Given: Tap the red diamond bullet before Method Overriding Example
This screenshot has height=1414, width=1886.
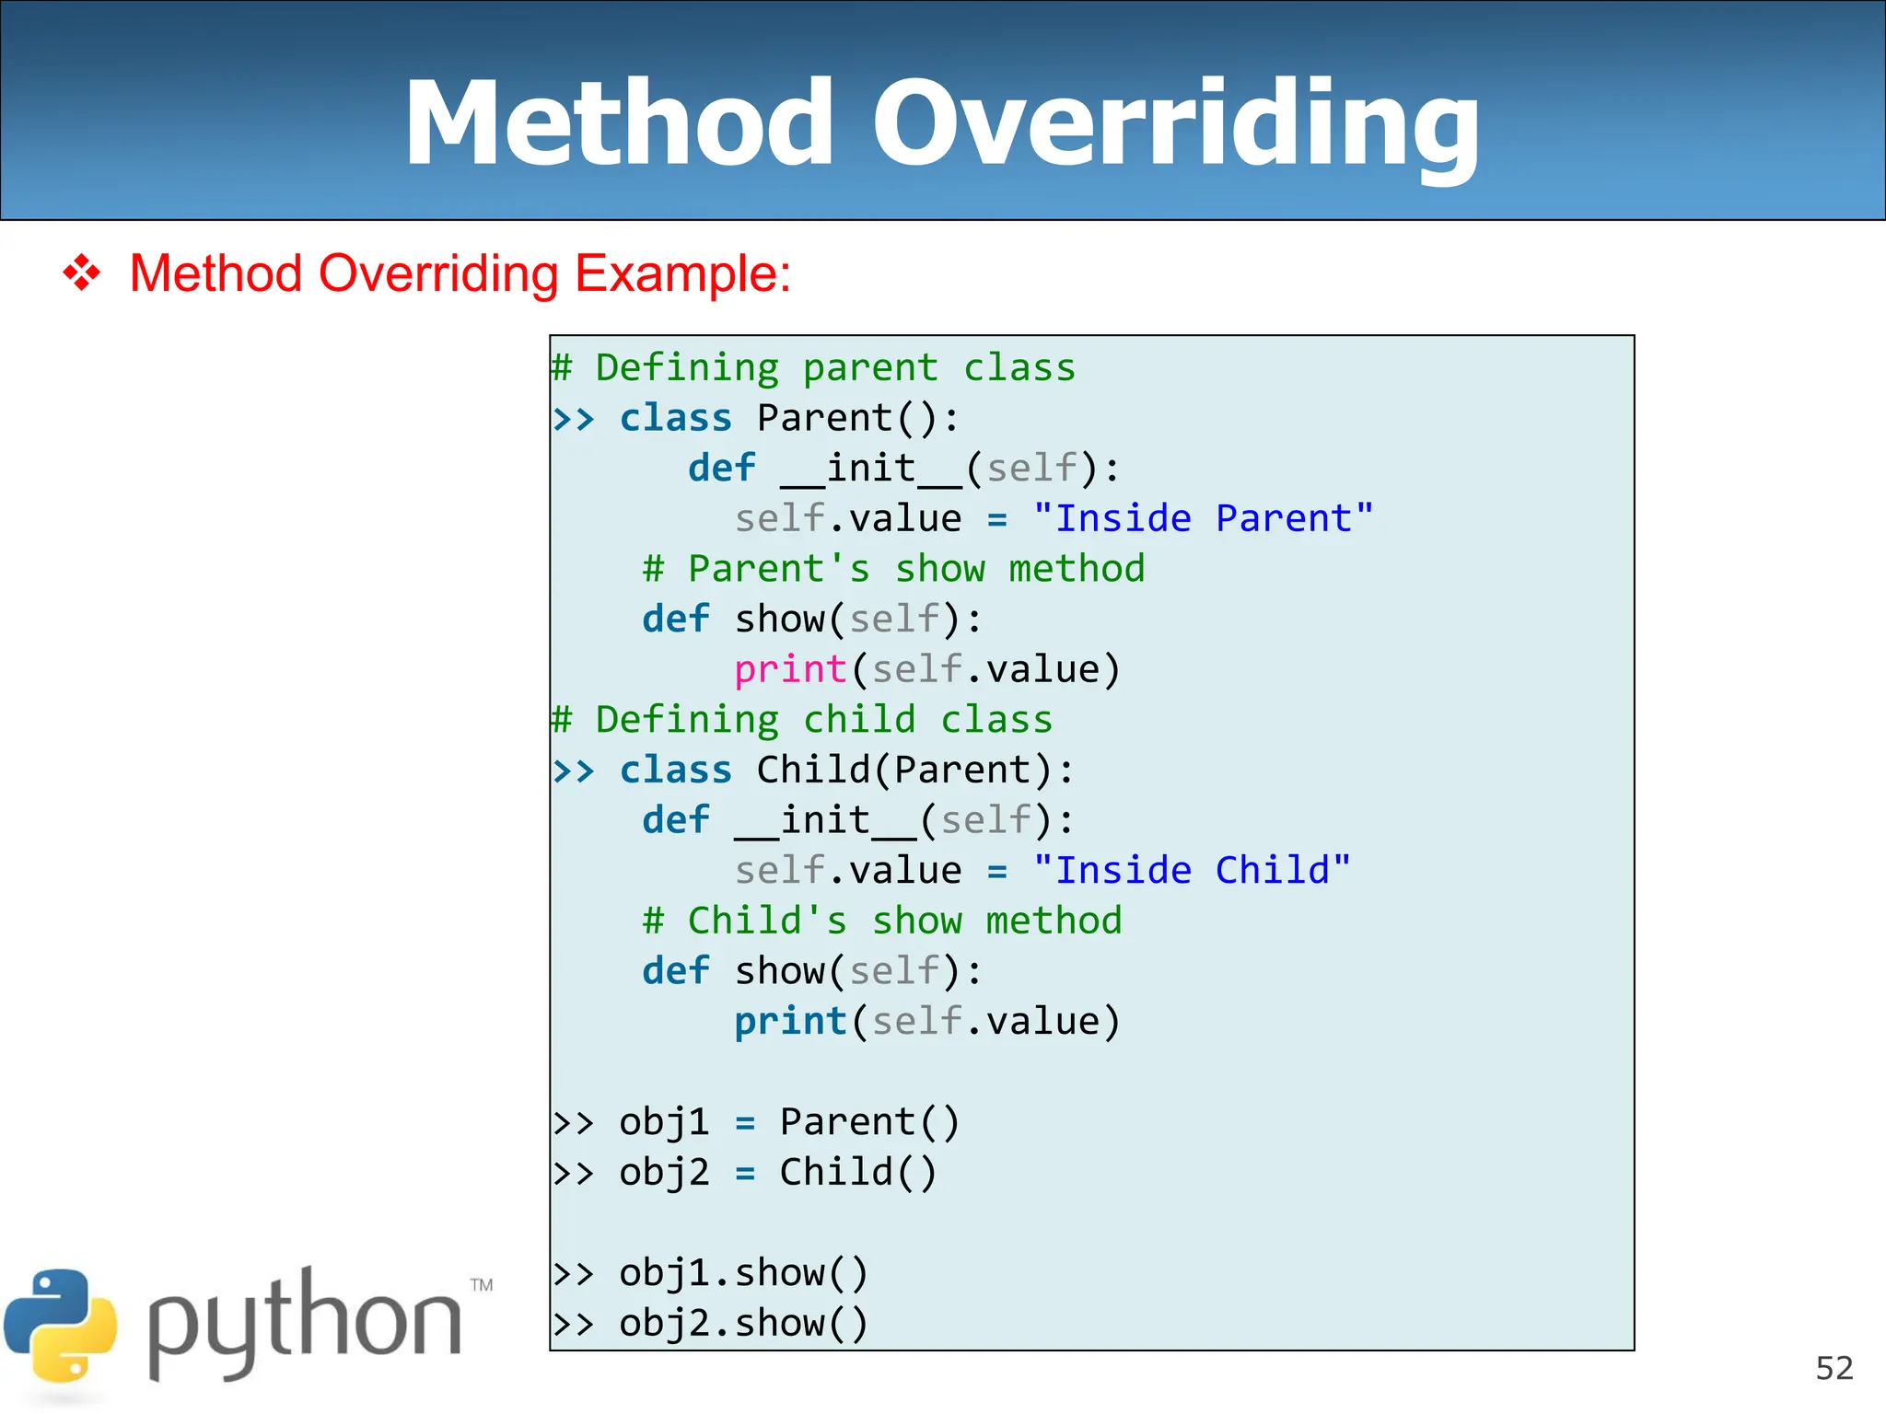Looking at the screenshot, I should pos(81,273).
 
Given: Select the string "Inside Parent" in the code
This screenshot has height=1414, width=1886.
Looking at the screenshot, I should pos(1203,518).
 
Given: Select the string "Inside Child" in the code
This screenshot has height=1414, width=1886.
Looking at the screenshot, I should pos(1191,870).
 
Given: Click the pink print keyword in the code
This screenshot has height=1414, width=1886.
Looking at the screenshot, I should pos(789,669).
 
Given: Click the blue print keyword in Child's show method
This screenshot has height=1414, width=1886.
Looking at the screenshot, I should pos(789,1021).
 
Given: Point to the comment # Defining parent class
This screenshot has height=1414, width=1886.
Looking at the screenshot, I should pos(814,367).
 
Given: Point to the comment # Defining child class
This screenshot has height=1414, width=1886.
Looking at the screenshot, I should pos(802,719).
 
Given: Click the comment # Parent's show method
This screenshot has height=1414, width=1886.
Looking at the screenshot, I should pos(893,569).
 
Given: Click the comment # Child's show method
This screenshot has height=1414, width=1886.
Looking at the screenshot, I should pos(882,921).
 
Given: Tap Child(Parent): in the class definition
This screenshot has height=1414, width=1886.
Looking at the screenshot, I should pos(915,770).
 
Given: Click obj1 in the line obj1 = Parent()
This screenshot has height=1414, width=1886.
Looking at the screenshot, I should pos(664,1122).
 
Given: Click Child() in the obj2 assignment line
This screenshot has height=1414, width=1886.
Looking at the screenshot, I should pos(858,1172).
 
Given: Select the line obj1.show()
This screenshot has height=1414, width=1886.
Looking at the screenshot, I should pos(742,1273).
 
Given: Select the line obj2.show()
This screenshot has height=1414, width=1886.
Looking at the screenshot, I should pos(742,1323).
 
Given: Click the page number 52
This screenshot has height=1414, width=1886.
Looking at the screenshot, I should pos(1834,1368).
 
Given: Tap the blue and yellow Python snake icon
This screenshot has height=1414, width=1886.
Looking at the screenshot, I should pos(61,1326).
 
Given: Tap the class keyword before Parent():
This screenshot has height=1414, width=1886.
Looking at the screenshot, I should pos(675,418).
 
